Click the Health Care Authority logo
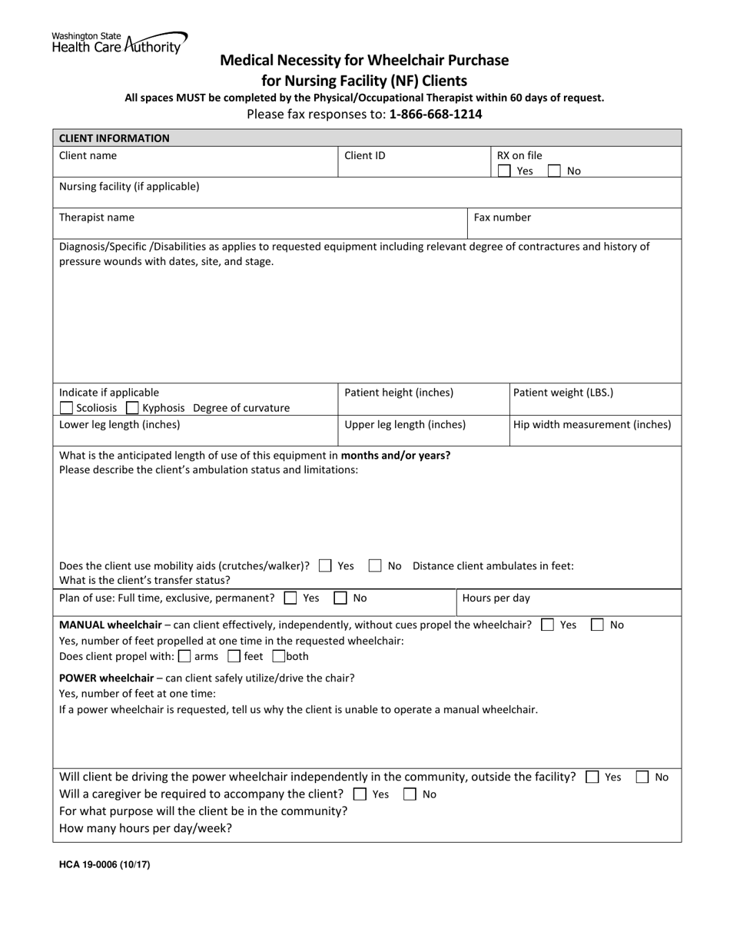click(x=119, y=42)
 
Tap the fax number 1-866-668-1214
click(x=436, y=114)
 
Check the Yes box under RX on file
click(x=504, y=171)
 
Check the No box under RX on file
click(x=554, y=171)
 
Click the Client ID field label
click(x=364, y=155)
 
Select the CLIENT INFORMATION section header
click(x=114, y=138)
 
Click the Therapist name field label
click(x=96, y=217)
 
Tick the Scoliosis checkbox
click(x=67, y=408)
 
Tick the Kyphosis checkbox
click(x=132, y=408)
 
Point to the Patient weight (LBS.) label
click(x=562, y=393)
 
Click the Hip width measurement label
click(x=592, y=424)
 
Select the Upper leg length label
click(x=405, y=424)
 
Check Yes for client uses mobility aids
click(x=325, y=566)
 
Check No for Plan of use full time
click(x=340, y=598)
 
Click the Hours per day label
click(x=496, y=598)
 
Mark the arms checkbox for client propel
click(x=184, y=656)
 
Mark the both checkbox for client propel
click(x=279, y=656)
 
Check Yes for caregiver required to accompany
click(x=359, y=794)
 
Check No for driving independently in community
click(x=642, y=778)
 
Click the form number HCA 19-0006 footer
click(x=105, y=864)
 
